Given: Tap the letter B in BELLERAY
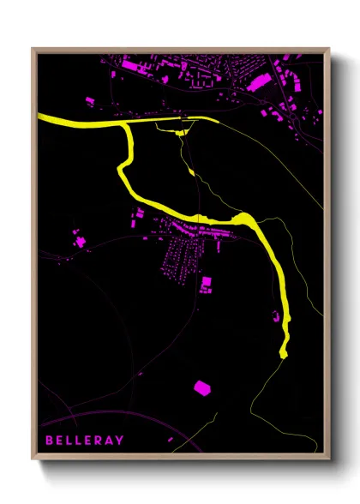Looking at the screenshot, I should pyautogui.click(x=49, y=441).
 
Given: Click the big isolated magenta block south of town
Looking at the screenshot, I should pyautogui.click(x=201, y=387).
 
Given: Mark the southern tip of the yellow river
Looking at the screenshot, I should pyautogui.click(x=285, y=352).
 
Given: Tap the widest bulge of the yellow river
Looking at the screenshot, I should pyautogui.click(x=243, y=220).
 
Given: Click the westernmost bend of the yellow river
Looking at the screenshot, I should pyautogui.click(x=123, y=171).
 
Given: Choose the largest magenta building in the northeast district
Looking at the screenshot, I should pyautogui.click(x=261, y=81).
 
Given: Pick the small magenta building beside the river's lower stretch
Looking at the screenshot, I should pyautogui.click(x=277, y=317).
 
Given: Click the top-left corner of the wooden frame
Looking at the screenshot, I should pyautogui.click(x=33, y=50).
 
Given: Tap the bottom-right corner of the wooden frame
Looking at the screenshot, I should pyautogui.click(x=330, y=459).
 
